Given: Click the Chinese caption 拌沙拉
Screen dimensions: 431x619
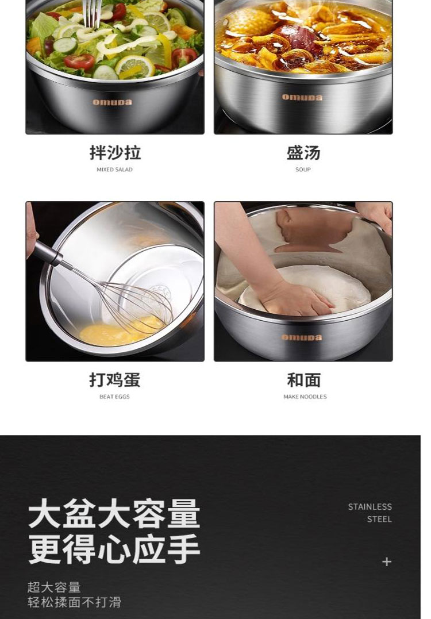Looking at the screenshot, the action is coord(115,153).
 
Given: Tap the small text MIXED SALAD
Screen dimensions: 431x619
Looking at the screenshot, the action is coord(114,170).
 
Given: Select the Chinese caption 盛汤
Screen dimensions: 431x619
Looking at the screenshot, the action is coord(303,153).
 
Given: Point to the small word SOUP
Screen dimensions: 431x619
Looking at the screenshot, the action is coord(303,170).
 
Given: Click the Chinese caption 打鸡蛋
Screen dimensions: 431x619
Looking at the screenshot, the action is coord(114,380).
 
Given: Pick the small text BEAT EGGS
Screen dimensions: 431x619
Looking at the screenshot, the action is coord(114,397).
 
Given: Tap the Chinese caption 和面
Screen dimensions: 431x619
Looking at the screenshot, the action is coord(303,380).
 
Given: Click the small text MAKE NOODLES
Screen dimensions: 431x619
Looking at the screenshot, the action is coord(305,397).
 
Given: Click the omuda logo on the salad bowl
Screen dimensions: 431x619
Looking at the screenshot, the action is coord(112,102).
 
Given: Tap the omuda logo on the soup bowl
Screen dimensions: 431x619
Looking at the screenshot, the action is coord(302,97).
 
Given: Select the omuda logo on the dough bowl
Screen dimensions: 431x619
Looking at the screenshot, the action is coord(302,337).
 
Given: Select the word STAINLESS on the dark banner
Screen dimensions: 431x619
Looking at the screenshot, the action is coord(370,506).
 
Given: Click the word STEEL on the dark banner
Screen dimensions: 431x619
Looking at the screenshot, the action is coord(379,519).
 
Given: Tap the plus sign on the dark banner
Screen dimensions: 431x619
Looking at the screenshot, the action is coord(387,562).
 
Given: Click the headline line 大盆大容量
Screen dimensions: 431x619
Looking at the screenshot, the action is coord(114,514).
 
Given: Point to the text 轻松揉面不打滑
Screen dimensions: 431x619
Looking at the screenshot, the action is coord(74,602).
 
